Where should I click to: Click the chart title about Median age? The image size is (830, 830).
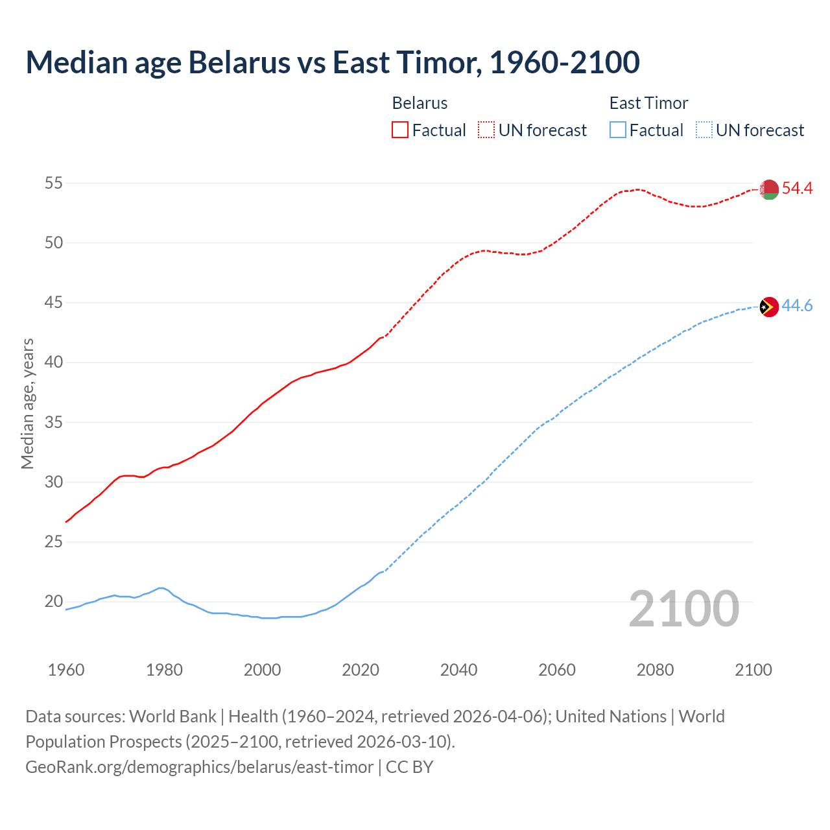(333, 62)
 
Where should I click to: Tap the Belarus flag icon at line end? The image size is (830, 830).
(769, 189)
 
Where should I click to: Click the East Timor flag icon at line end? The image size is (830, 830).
(769, 307)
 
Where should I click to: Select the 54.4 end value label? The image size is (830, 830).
(797, 189)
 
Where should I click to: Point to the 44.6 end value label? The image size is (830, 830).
(797, 305)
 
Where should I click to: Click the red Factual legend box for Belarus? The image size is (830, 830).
(400, 130)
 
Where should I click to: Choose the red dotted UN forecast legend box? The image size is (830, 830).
(486, 130)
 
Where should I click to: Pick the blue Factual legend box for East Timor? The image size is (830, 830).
(618, 130)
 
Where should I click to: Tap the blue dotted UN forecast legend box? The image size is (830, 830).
(704, 130)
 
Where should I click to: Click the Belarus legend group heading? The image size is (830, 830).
(420, 103)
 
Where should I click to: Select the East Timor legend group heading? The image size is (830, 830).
(648, 103)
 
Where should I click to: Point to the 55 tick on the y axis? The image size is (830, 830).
(53, 184)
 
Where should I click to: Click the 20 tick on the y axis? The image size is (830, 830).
(53, 602)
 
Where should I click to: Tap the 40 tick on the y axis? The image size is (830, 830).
(53, 362)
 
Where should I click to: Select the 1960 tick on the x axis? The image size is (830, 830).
(66, 670)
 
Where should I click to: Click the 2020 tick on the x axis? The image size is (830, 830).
(361, 670)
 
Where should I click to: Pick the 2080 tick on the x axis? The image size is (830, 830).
(655, 670)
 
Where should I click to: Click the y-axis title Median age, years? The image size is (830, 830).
(27, 403)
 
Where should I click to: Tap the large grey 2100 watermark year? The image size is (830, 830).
(683, 608)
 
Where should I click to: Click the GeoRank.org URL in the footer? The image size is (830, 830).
(199, 767)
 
